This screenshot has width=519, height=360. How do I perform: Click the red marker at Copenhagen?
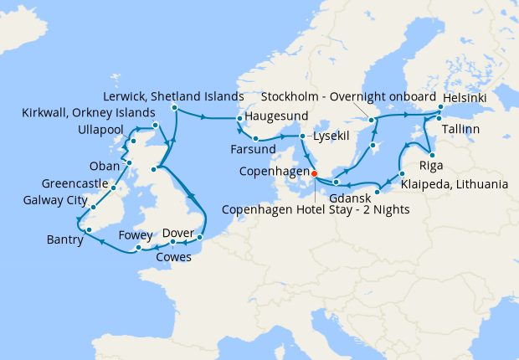(315, 174)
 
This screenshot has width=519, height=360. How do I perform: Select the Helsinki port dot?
(439, 107)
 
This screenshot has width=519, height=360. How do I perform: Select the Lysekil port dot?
(303, 135)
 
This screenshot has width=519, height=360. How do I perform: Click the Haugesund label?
(277, 115)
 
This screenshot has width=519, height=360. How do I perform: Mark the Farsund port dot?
(256, 138)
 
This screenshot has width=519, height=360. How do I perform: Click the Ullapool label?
(101, 131)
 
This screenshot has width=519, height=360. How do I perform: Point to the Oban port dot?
(130, 162)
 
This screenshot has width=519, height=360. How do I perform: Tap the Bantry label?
(64, 240)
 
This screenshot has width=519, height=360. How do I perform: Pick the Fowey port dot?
(138, 248)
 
